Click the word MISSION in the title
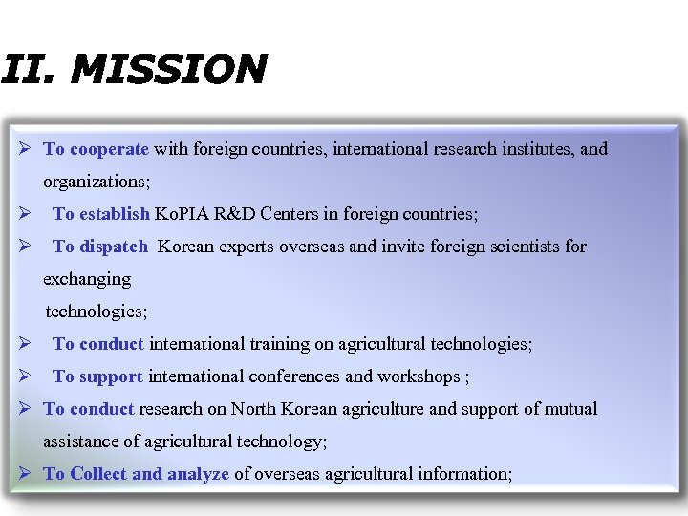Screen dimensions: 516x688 pyautogui.click(x=168, y=69)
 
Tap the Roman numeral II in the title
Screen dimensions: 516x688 pyautogui.click(x=25, y=69)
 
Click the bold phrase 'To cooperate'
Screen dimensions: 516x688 pyautogui.click(x=97, y=149)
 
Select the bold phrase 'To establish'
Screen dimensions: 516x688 pyautogui.click(x=101, y=214)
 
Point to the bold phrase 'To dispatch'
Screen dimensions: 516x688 pyautogui.click(x=100, y=247)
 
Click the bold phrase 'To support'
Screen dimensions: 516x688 pyautogui.click(x=97, y=376)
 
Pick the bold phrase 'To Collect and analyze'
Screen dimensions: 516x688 pyautogui.click(x=136, y=474)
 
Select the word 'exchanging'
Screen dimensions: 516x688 pyautogui.click(x=87, y=279)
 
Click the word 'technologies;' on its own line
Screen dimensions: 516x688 pyautogui.click(x=97, y=312)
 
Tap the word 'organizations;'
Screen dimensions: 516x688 pyautogui.click(x=97, y=182)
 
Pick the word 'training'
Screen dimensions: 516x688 pyautogui.click(x=281, y=344)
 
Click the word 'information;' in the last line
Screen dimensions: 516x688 pyautogui.click(x=467, y=474)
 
